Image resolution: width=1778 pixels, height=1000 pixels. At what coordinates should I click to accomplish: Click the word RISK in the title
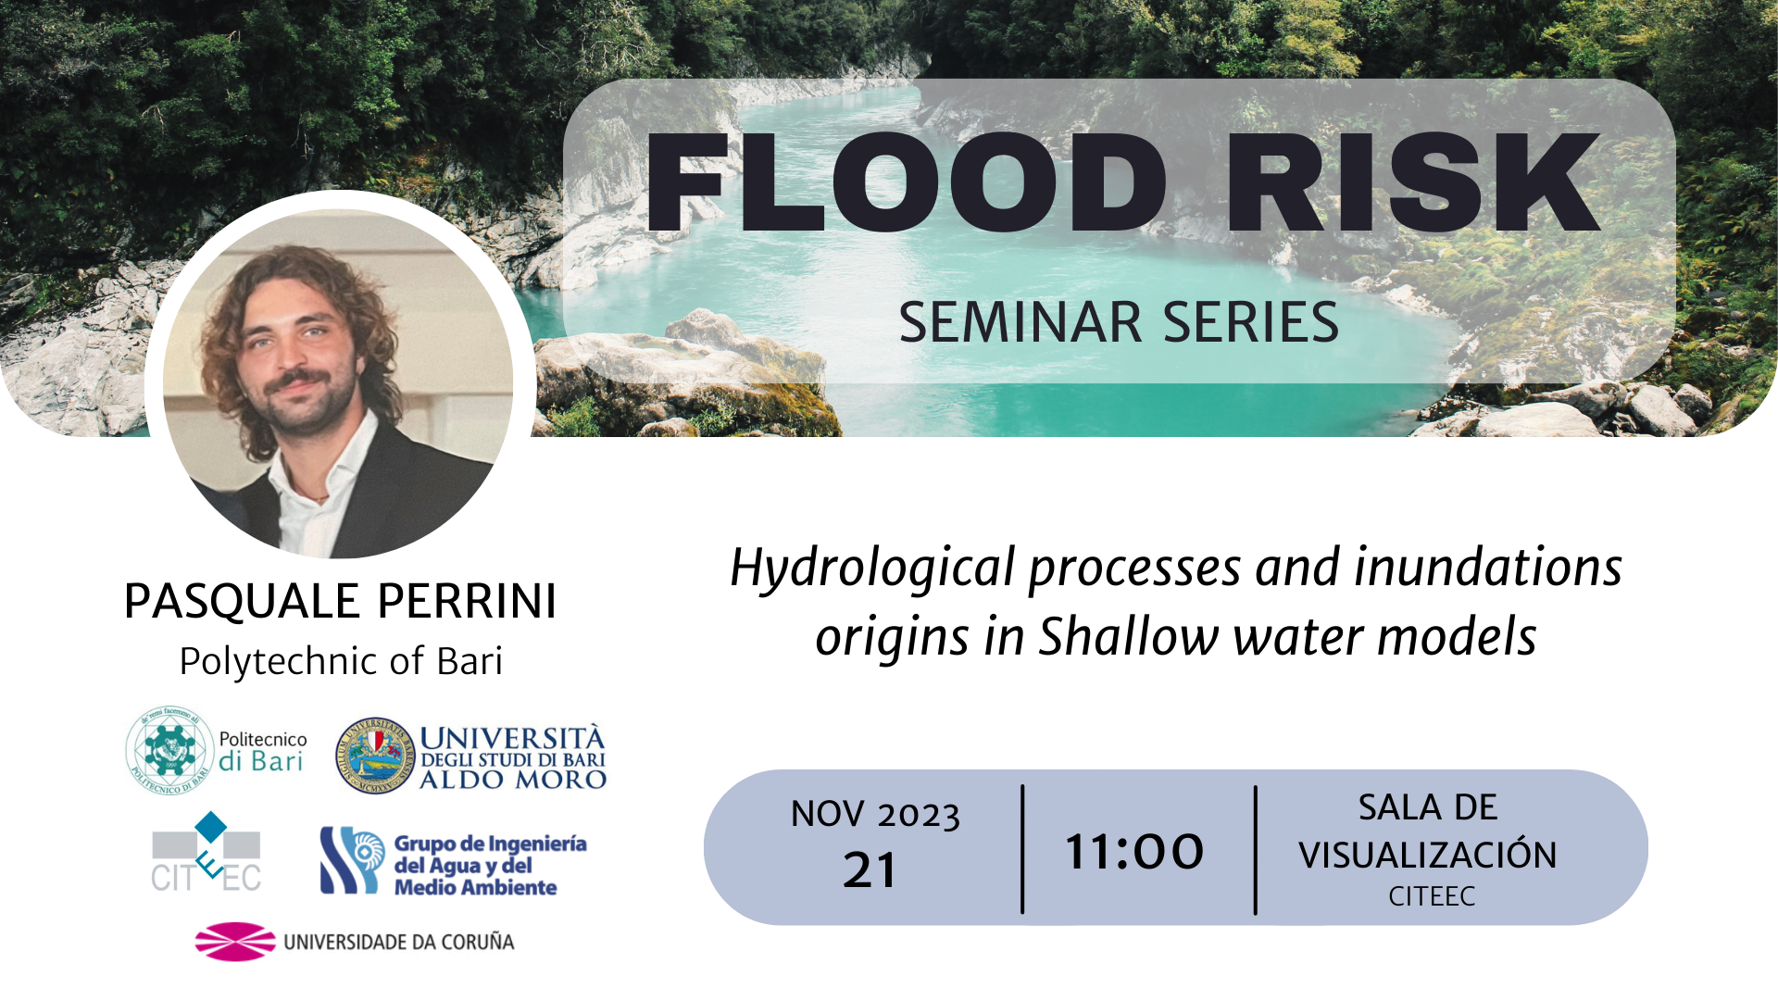coord(1413,182)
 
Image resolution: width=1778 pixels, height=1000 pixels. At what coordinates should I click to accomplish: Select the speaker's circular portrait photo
coord(338,383)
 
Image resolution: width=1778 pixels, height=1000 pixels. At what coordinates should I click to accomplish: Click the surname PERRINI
coord(467,601)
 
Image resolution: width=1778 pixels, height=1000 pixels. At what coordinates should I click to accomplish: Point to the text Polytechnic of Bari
coord(341,661)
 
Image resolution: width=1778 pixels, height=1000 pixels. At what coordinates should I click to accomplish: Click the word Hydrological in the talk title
coord(873,568)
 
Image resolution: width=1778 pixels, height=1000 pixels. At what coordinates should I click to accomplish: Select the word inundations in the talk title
coord(1488,568)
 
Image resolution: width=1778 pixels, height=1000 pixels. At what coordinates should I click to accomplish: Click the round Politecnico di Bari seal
coord(169,750)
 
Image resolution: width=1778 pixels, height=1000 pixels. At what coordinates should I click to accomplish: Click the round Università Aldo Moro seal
coord(375,756)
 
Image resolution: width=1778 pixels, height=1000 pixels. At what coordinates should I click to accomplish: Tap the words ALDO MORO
coord(513,780)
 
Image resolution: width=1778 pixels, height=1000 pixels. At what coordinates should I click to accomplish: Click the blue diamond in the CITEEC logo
coord(211,827)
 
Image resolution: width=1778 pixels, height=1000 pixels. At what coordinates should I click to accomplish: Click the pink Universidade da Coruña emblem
coord(235,942)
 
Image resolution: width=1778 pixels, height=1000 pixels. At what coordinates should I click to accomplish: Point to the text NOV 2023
coord(875,815)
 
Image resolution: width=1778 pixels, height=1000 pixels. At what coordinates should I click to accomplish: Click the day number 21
coord(870,870)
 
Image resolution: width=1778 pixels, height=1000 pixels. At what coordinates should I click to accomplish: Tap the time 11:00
coord(1134,852)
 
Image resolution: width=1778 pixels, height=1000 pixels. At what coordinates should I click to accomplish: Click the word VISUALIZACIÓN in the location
coord(1428,855)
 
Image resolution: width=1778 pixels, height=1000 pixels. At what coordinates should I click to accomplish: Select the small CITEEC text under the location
coord(1432,896)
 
